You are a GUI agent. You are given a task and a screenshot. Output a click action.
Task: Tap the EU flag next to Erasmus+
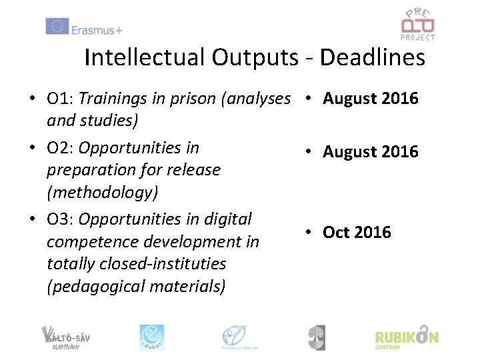click(57, 27)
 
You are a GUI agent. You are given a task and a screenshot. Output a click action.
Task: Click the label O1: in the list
click(60, 99)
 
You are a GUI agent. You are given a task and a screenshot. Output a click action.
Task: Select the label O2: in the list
click(60, 147)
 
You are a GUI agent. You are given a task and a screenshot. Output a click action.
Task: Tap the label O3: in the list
click(60, 219)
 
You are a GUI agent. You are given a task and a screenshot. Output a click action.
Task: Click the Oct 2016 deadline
click(357, 232)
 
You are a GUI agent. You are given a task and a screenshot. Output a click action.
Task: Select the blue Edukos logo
click(151, 337)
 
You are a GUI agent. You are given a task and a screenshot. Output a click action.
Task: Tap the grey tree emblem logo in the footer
click(317, 337)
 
